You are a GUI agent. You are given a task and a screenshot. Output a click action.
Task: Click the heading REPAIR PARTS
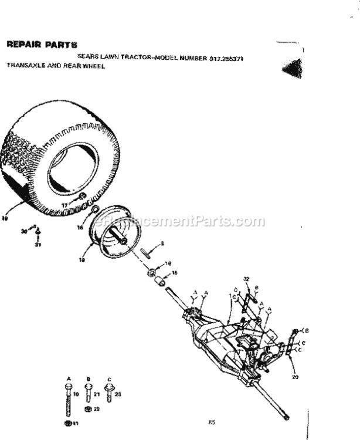click(41, 45)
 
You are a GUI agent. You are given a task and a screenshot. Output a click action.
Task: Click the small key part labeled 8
click(147, 252)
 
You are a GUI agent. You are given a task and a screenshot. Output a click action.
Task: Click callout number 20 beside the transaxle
click(296, 377)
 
